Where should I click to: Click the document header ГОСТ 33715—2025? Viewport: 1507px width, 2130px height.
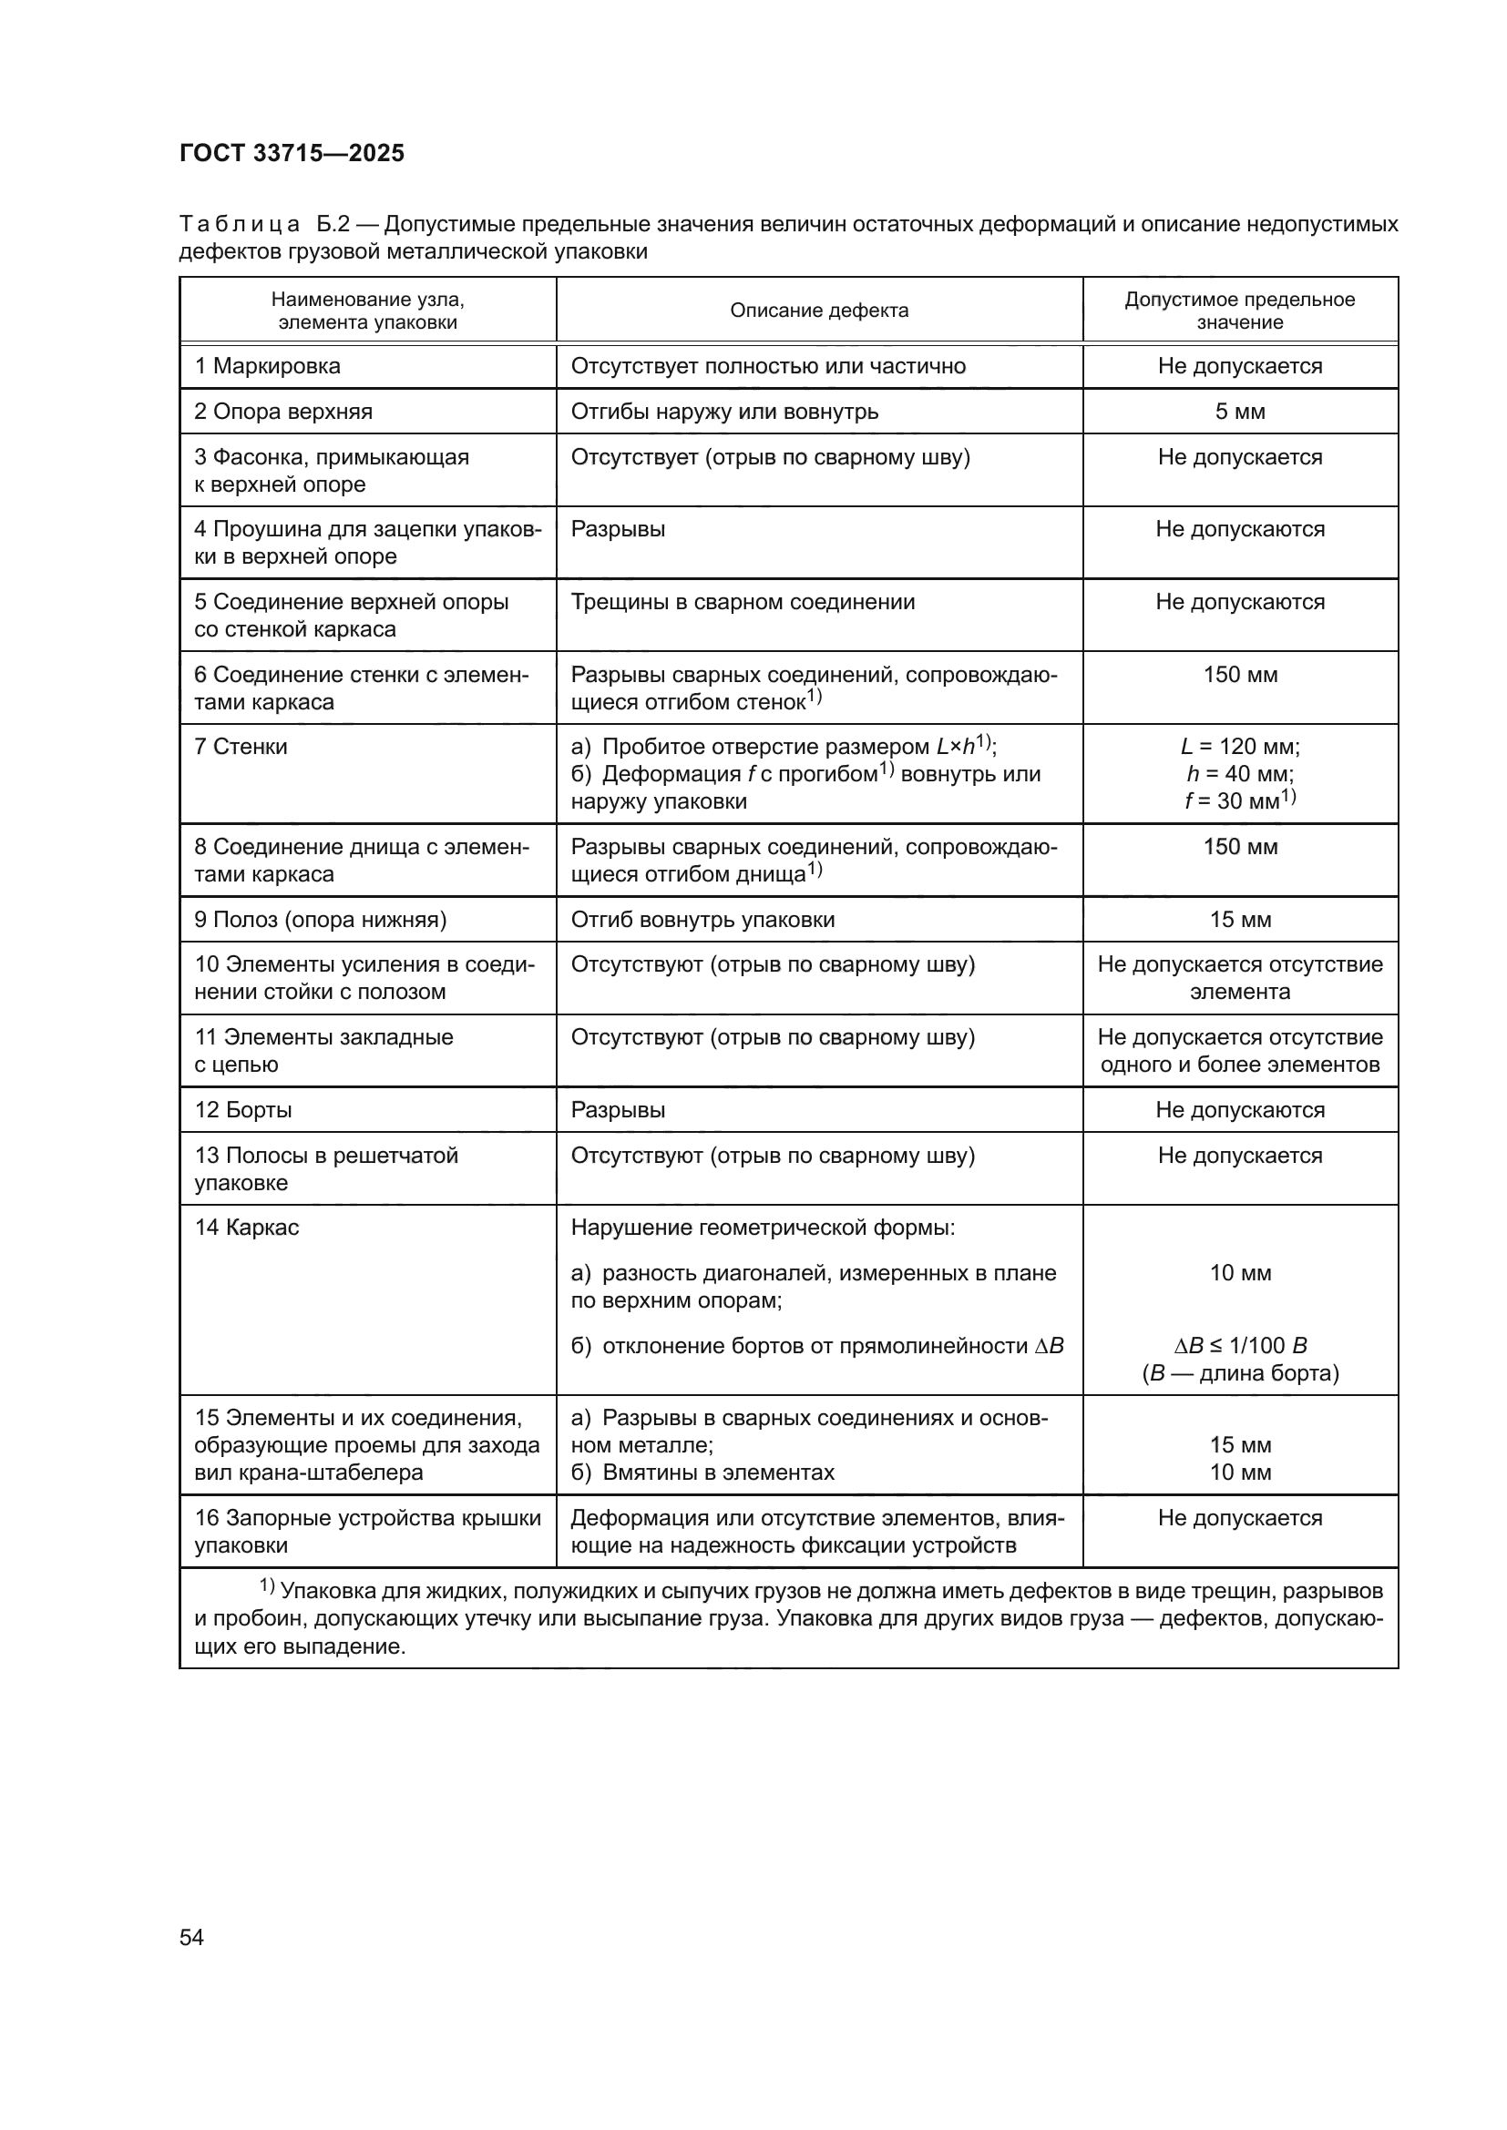(x=292, y=153)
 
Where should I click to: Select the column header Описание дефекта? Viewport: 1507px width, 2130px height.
(x=818, y=311)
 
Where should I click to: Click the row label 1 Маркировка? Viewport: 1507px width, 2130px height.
(x=267, y=365)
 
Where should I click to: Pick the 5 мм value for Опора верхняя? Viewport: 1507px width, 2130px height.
(x=1240, y=411)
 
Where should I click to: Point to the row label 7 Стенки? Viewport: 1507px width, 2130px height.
(x=241, y=747)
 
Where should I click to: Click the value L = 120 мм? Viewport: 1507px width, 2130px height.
(x=1240, y=747)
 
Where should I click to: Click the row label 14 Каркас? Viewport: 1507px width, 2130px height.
(x=247, y=1228)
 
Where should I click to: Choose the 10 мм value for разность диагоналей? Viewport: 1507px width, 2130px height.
(x=1240, y=1273)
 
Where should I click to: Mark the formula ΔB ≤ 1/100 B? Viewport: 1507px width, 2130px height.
(x=1240, y=1345)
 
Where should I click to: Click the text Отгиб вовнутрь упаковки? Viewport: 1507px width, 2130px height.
(x=702, y=920)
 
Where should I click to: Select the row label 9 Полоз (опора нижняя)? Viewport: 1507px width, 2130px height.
(x=320, y=920)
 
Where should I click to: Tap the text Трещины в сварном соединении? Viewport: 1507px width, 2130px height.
(x=743, y=602)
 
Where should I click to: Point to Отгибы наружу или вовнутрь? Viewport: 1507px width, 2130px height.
(x=723, y=411)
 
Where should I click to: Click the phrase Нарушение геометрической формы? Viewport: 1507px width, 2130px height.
(x=763, y=1228)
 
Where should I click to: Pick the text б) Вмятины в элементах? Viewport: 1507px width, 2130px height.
(x=702, y=1473)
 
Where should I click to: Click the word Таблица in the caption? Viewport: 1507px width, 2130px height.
(x=240, y=225)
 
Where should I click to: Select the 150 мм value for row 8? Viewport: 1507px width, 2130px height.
(x=1240, y=847)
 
